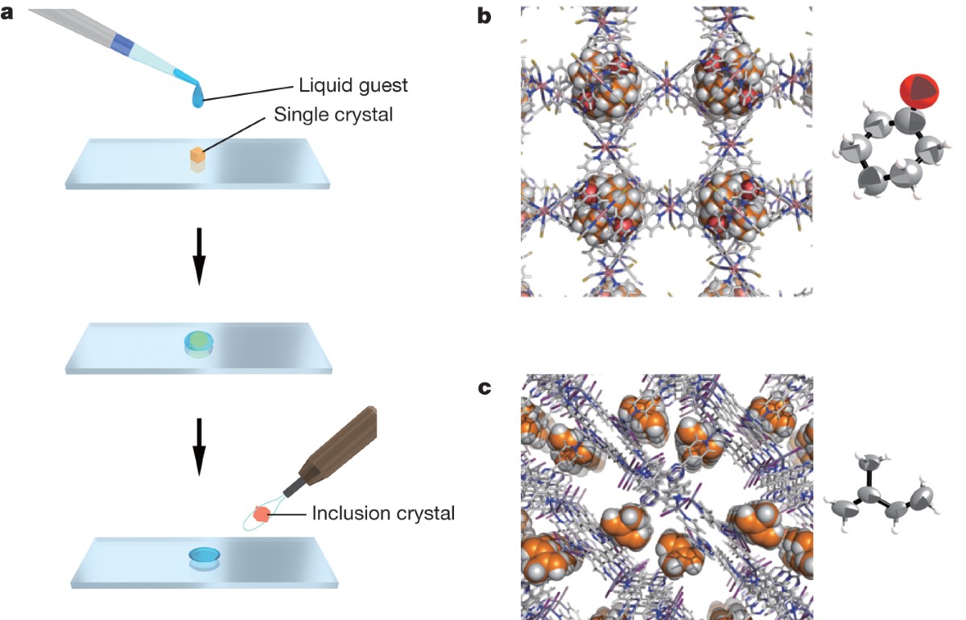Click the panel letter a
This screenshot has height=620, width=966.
[10, 14]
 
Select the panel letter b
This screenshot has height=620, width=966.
[485, 14]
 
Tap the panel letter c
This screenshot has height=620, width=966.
[485, 388]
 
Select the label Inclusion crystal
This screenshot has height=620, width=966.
[383, 512]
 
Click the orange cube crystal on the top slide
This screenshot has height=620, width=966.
[198, 155]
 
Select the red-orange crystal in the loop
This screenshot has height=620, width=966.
[262, 513]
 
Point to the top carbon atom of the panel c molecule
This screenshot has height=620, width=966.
[868, 464]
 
